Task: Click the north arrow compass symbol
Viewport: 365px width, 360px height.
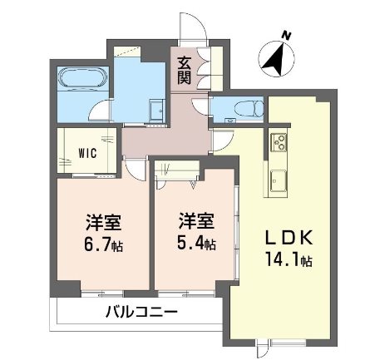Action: tap(277, 57)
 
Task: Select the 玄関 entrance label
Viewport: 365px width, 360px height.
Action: tap(183, 70)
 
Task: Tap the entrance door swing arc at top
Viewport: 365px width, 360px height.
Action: tap(190, 25)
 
